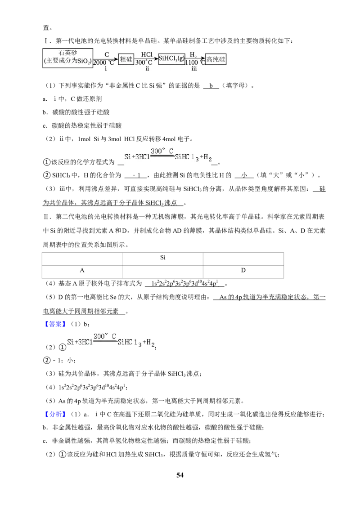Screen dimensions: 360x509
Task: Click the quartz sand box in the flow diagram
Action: click(x=67, y=58)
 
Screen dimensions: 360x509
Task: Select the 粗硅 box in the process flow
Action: click(x=126, y=59)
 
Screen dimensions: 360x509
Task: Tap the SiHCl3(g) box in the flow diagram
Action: click(x=171, y=59)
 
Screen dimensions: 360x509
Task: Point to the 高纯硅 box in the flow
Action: click(x=216, y=59)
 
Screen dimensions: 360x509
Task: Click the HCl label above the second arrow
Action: click(x=147, y=54)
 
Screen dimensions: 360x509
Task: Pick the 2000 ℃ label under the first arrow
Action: click(x=104, y=63)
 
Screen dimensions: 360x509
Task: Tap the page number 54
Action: click(x=180, y=475)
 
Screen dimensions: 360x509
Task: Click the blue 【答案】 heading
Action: click(x=55, y=324)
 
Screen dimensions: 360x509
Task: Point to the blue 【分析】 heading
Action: click(x=55, y=414)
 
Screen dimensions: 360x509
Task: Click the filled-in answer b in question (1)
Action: click(x=211, y=86)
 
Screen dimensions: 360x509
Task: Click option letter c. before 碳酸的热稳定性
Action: click(x=45, y=125)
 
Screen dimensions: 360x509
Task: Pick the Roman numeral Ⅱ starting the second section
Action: click(x=46, y=217)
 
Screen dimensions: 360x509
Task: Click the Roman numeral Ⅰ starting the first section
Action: click(x=45, y=41)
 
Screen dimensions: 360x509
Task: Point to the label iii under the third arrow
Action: click(x=194, y=69)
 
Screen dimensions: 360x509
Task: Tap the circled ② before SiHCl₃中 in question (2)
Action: click(x=47, y=175)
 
